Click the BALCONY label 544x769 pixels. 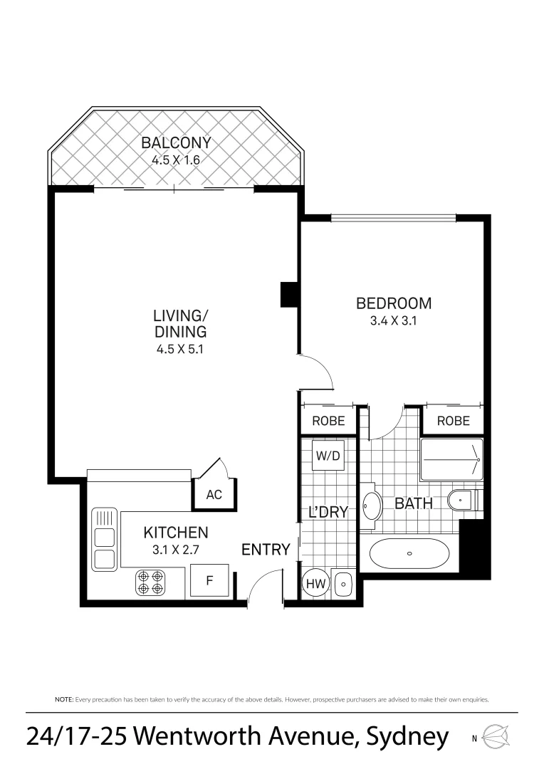coord(176,142)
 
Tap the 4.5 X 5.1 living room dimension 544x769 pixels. coord(180,349)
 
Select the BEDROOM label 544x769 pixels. coord(393,303)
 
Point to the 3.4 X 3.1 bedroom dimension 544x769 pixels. coord(393,320)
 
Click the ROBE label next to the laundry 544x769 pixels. coord(328,421)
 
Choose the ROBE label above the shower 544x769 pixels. coord(453,421)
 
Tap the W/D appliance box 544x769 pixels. coord(328,454)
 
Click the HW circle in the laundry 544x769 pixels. coord(315,584)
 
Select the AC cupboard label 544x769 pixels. coord(214,495)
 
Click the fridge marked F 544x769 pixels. coord(209,580)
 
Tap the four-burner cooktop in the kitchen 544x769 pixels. coord(151,582)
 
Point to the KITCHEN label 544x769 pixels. coord(176,533)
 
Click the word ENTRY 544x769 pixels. coord(266,549)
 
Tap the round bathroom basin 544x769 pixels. coord(371,506)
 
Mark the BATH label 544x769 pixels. coord(414,503)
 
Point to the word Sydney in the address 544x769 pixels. coord(406,736)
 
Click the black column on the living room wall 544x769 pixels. coord(289,294)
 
